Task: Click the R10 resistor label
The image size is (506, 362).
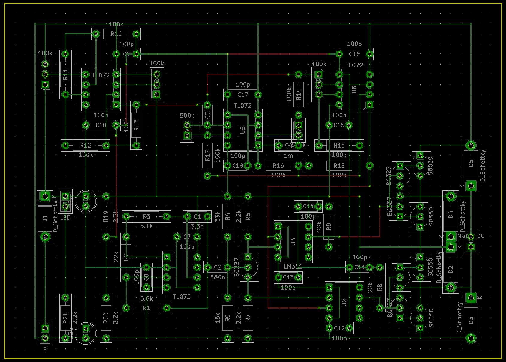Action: point(116,34)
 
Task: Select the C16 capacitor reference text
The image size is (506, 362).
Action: point(354,54)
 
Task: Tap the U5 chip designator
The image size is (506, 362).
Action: point(243,130)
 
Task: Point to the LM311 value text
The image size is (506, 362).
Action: point(293,266)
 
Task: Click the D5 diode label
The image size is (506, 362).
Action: point(471,163)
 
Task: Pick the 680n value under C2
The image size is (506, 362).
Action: point(217,277)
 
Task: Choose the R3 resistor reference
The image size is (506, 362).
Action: point(146,216)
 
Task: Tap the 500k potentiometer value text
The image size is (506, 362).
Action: point(187,116)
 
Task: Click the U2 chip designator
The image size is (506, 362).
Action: point(344,303)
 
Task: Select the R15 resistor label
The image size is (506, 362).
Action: point(339,146)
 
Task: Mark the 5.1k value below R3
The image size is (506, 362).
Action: point(146,226)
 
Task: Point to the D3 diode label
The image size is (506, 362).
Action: point(471,320)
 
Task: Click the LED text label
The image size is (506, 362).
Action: point(65,217)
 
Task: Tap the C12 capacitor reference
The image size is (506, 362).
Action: point(339,328)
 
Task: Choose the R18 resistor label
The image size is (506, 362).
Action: point(339,166)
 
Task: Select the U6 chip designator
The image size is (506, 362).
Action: point(354,89)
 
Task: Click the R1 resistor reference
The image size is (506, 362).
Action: point(146,308)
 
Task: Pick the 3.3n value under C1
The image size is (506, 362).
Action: point(197,226)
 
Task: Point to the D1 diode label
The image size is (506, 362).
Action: point(45,219)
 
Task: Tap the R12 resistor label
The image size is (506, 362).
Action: point(86,146)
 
